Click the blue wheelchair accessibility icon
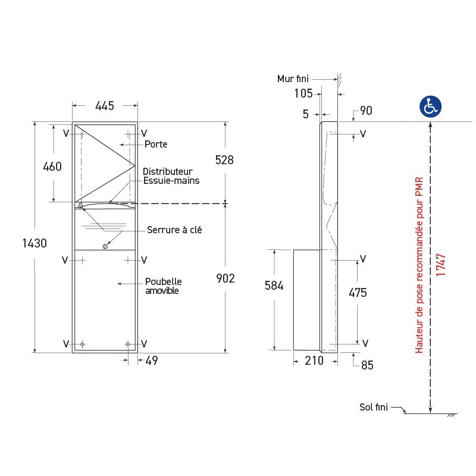[430, 107]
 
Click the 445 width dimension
[105, 106]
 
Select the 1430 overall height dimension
[35, 243]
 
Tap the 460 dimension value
[52, 167]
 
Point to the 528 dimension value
[224, 160]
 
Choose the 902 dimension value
[226, 278]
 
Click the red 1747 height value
[440, 265]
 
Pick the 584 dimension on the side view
[274, 286]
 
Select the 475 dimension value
[358, 293]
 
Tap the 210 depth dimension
[314, 361]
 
